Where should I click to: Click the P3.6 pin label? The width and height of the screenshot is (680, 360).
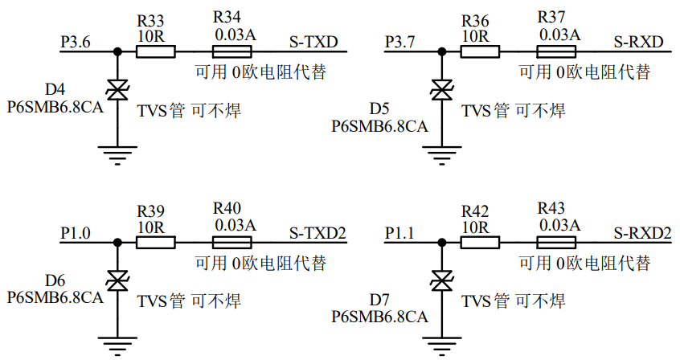click(76, 40)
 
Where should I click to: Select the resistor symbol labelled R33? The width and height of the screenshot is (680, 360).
click(155, 51)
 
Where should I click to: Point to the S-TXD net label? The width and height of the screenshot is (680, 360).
click(314, 40)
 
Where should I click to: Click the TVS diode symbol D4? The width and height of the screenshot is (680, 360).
click(118, 89)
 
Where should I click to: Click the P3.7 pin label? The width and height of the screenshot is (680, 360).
click(400, 40)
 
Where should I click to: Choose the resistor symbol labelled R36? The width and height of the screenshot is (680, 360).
click(479, 51)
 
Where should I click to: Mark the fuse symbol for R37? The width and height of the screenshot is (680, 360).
click(557, 51)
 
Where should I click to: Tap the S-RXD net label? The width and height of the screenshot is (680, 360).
click(638, 40)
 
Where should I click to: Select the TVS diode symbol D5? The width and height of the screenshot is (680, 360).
click(440, 89)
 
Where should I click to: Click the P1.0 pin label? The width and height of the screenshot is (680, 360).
click(76, 232)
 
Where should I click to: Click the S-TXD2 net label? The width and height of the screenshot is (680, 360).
click(317, 232)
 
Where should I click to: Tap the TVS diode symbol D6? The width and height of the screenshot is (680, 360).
click(118, 281)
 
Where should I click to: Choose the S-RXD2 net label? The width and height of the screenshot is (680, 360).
click(642, 232)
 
